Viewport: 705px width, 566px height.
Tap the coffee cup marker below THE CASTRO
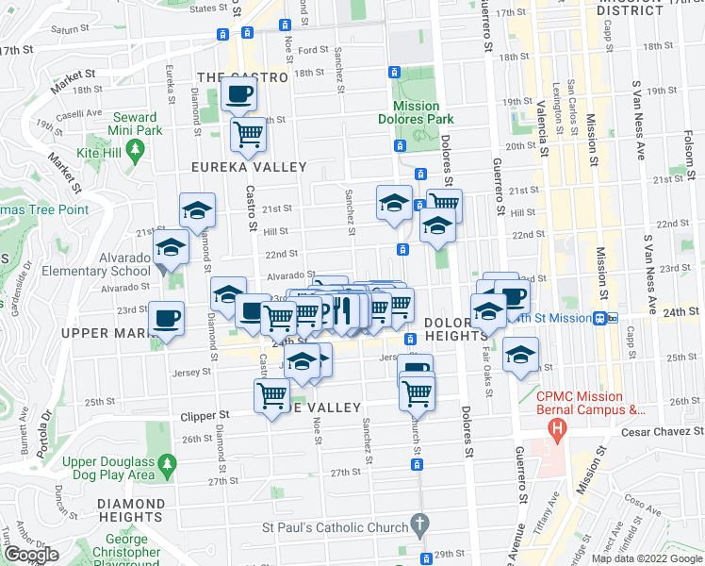click(238, 94)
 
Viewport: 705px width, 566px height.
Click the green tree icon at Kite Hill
click(136, 148)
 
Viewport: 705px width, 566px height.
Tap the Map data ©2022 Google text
click(646, 558)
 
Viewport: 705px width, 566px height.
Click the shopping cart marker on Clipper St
click(271, 396)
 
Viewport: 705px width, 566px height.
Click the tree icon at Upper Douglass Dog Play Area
click(167, 463)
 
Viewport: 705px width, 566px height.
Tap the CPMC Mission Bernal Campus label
click(591, 403)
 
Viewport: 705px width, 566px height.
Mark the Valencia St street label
click(544, 127)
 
